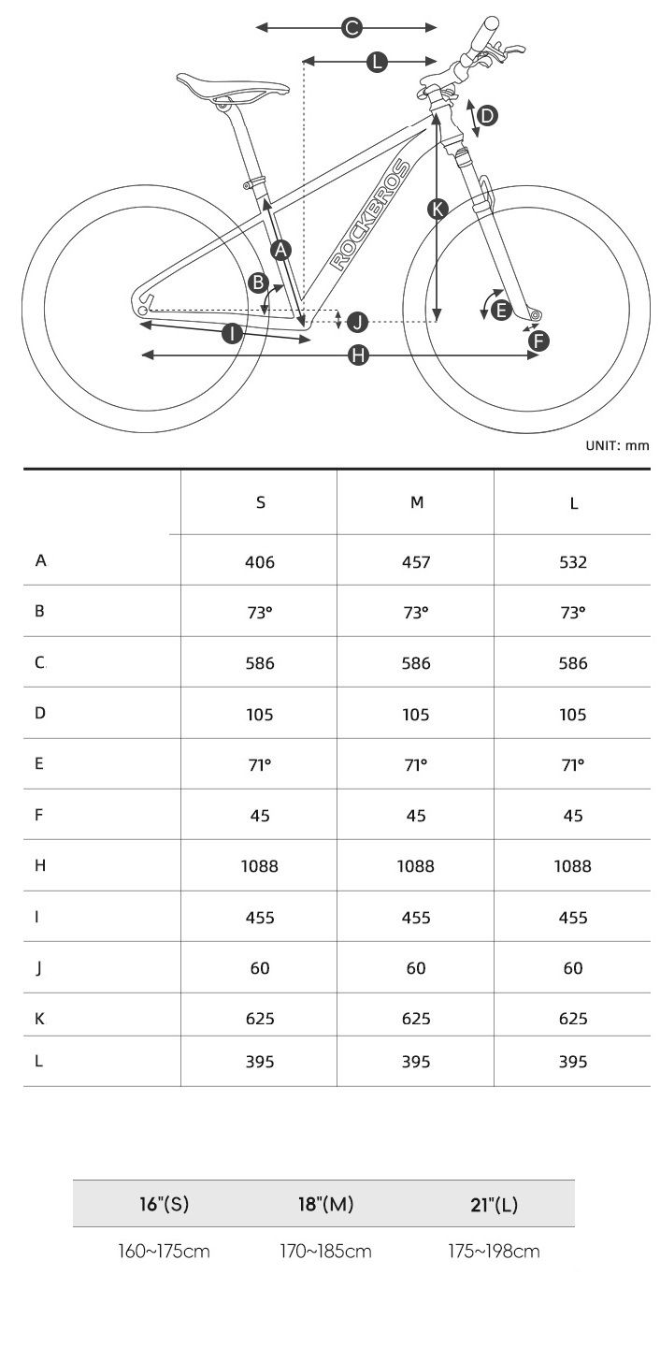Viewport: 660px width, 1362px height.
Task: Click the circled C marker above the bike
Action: tap(352, 28)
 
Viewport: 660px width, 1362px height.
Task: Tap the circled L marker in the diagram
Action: tap(377, 62)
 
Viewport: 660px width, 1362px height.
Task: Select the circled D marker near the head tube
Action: tap(487, 116)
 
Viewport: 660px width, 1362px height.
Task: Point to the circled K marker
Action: tap(438, 209)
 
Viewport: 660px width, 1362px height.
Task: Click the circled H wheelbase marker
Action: tap(358, 355)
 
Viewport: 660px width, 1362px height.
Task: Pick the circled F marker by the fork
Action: tap(538, 341)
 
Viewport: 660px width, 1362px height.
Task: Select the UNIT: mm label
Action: tap(617, 445)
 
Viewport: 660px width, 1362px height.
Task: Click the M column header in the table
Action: tap(417, 502)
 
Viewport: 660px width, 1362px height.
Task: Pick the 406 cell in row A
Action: tap(260, 562)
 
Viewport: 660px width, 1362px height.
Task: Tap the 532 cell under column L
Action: tap(573, 562)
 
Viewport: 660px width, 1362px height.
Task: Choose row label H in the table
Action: tap(40, 865)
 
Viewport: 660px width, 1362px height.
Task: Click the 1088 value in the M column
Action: tap(416, 866)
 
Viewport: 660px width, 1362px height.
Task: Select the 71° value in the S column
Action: tap(260, 765)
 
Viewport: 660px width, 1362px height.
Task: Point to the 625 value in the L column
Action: tap(573, 1018)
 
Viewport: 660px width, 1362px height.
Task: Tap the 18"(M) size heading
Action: tap(326, 1204)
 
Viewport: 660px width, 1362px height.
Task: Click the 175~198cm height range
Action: tap(494, 1252)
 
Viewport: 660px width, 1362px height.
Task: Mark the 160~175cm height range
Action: tap(164, 1252)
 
